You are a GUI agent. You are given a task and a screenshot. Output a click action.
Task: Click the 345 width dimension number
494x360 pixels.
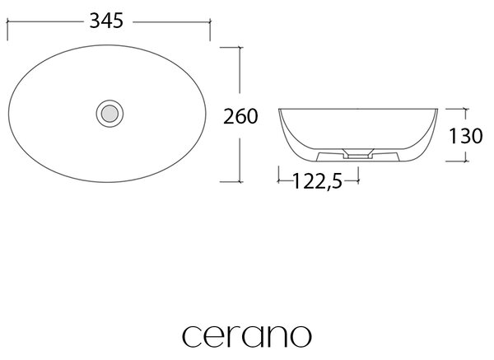106,21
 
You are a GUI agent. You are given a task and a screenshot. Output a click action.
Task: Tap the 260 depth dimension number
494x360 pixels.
240,116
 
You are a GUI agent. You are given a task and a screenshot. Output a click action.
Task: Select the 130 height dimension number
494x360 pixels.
465,136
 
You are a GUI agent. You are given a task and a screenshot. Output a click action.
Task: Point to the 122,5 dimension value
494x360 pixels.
317,181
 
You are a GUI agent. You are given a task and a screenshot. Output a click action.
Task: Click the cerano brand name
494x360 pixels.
247,336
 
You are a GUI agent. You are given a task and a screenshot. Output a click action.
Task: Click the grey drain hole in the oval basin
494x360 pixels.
110,114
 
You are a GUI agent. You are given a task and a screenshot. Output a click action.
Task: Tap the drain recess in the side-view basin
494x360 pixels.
358,153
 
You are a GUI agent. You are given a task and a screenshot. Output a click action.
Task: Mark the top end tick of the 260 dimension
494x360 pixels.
240,47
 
